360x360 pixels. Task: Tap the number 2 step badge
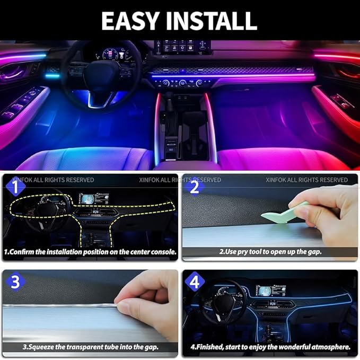pos(195,187)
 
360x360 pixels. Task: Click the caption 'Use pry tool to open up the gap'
pos(270,252)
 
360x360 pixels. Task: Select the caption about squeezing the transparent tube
pos(91,348)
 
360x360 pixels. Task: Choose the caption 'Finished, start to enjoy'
pos(270,348)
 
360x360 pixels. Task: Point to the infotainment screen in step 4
pos(271,291)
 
